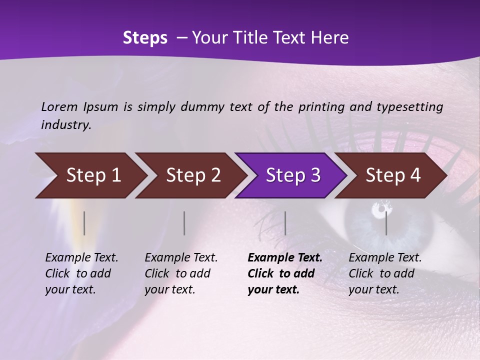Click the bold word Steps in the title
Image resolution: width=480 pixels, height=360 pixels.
(145, 38)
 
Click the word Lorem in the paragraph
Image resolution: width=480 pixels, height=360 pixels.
(59, 106)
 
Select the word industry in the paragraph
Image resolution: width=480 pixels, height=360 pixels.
(66, 124)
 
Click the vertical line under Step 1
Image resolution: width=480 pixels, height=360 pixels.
(84, 223)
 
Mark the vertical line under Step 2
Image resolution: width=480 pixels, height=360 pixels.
(184, 223)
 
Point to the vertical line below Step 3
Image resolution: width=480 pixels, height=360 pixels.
(285, 223)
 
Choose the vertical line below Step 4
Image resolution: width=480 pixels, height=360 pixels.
(386, 223)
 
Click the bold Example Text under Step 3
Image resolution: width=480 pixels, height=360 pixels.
(285, 258)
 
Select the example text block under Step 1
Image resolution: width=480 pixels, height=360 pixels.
(81, 273)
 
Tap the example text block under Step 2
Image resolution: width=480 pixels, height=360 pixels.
(181, 273)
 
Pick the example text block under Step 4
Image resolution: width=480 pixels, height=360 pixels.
(385, 273)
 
